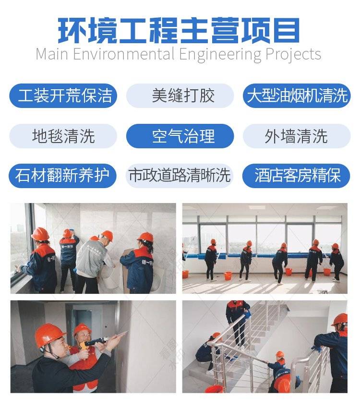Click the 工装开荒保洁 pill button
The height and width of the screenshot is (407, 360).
click(63, 96)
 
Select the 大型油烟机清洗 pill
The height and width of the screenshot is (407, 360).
click(297, 96)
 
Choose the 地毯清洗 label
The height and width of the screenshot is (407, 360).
click(63, 136)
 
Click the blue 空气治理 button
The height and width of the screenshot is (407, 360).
click(180, 136)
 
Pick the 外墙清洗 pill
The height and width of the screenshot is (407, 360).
click(297, 136)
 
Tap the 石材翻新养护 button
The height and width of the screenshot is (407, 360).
click(62, 176)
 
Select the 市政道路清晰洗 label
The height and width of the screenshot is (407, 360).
click(180, 176)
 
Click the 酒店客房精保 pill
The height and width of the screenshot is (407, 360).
click(296, 176)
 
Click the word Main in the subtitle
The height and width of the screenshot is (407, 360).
click(52, 54)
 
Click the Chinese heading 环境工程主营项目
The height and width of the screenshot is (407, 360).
click(179, 30)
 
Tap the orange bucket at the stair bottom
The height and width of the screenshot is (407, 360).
click(214, 389)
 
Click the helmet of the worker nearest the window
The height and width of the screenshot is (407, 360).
click(40, 234)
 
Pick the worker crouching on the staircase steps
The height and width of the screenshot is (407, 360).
click(208, 349)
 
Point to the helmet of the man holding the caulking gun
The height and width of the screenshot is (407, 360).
click(49, 335)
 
